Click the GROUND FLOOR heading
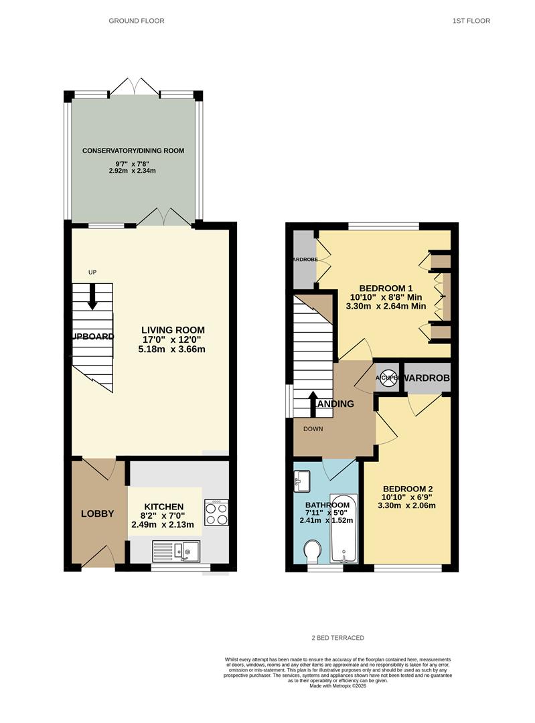(137, 21)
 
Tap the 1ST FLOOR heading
(471, 21)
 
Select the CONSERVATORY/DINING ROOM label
(133, 151)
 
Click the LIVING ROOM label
(173, 330)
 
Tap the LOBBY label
(98, 514)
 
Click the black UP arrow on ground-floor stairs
(92, 296)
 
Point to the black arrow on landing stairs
(313, 404)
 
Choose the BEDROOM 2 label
(407, 489)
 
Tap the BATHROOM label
(327, 505)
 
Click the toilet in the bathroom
(312, 553)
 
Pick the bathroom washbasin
(301, 479)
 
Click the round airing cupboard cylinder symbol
(388, 378)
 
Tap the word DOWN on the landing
(314, 429)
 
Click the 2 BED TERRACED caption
(337, 638)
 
